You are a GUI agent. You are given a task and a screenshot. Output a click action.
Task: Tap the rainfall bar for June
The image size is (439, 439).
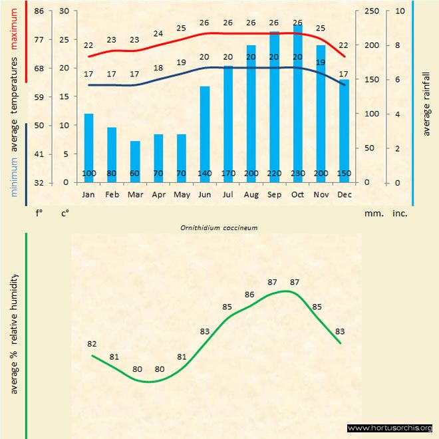point(205,133)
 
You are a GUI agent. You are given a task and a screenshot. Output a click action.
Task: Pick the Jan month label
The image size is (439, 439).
point(88,195)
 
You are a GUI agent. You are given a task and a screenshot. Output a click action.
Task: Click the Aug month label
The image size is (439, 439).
point(251,195)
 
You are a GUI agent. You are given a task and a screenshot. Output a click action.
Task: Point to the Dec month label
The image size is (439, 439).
point(344,195)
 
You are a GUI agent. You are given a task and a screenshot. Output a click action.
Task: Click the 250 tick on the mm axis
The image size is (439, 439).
point(373,11)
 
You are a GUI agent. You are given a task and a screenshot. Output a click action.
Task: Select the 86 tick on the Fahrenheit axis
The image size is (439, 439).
point(39,11)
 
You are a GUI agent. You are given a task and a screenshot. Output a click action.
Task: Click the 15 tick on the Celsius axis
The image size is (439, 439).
point(64,97)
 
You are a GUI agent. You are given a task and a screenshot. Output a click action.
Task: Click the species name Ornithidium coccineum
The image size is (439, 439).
point(219,227)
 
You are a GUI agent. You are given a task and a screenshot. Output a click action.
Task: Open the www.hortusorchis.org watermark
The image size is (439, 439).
point(390,428)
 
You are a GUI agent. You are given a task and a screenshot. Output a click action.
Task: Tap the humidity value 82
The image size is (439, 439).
point(92,344)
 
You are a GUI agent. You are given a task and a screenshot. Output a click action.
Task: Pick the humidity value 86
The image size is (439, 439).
point(250,294)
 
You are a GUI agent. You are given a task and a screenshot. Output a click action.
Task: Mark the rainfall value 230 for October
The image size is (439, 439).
point(297,174)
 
